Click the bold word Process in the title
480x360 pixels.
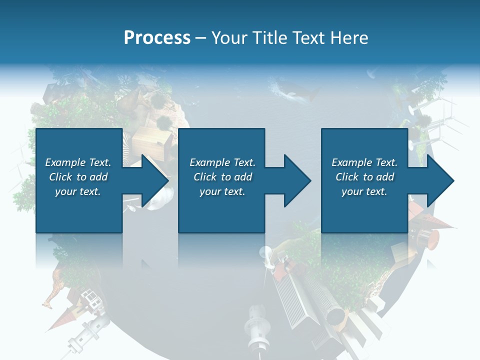coord(157,37)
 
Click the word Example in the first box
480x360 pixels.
coord(65,162)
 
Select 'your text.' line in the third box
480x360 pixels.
coord(364,191)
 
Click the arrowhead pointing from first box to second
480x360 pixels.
coord(153,180)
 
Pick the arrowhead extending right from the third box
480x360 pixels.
coord(439,180)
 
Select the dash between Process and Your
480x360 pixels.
coord(200,38)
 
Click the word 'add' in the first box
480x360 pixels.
coord(98,177)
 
